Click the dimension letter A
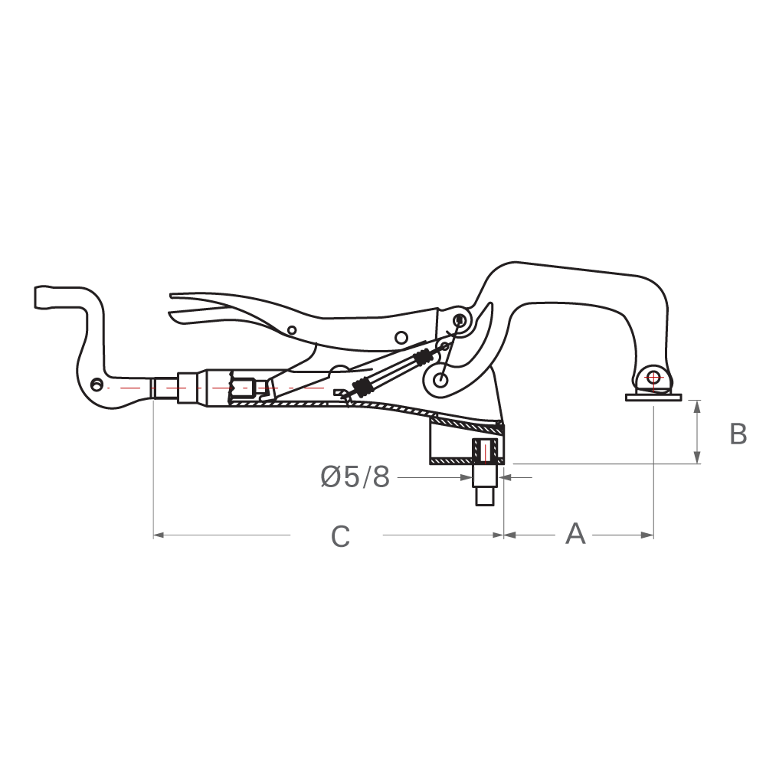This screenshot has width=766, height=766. point(575,534)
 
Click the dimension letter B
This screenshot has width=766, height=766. point(738,434)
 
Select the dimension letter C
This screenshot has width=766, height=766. point(340,537)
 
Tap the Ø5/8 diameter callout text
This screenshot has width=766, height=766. point(355,478)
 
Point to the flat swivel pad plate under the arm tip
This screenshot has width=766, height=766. point(653,397)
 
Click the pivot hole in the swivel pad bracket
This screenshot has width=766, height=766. point(653,377)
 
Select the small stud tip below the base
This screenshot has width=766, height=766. point(484,498)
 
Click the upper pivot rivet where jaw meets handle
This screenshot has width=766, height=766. point(460,319)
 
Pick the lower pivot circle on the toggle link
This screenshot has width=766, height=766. point(440,378)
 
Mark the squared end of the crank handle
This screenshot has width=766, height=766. point(41,296)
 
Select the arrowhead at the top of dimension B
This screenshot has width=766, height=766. point(697,404)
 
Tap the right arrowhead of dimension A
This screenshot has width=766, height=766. point(649,535)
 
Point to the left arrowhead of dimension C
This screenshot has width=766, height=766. point(159,535)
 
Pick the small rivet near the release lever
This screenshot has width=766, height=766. point(292,330)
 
